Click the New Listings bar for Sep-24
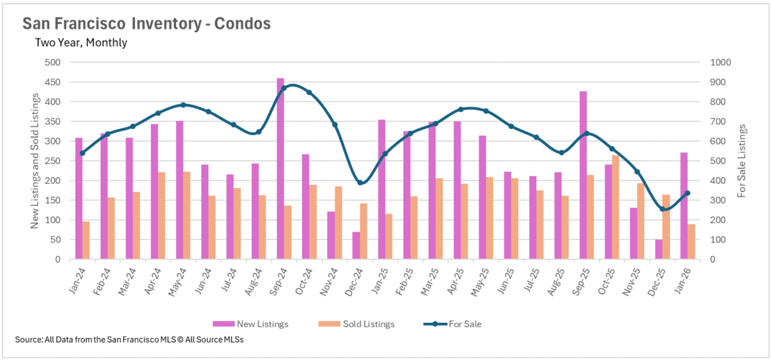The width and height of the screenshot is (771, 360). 280,169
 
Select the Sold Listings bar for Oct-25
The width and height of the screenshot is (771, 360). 616,207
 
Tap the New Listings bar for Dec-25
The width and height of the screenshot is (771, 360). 659,249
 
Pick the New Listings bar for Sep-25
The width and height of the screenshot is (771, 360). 583,175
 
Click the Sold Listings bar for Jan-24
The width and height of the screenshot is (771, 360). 86,240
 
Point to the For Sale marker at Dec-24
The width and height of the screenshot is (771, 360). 360,183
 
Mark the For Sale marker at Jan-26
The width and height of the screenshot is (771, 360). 687,193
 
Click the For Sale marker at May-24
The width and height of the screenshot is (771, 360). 183,105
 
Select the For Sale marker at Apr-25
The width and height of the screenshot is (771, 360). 461,109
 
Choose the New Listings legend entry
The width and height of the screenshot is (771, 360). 251,324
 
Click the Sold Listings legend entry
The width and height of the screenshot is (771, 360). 357,324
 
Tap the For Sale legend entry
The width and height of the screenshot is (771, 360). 453,324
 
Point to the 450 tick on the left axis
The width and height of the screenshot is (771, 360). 53,82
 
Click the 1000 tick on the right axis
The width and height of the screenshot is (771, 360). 720,62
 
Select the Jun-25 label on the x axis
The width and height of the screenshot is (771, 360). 506,281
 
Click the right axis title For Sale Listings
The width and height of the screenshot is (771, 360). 741,161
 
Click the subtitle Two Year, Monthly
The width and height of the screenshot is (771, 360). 81,43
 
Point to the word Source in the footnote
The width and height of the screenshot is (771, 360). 29,340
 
